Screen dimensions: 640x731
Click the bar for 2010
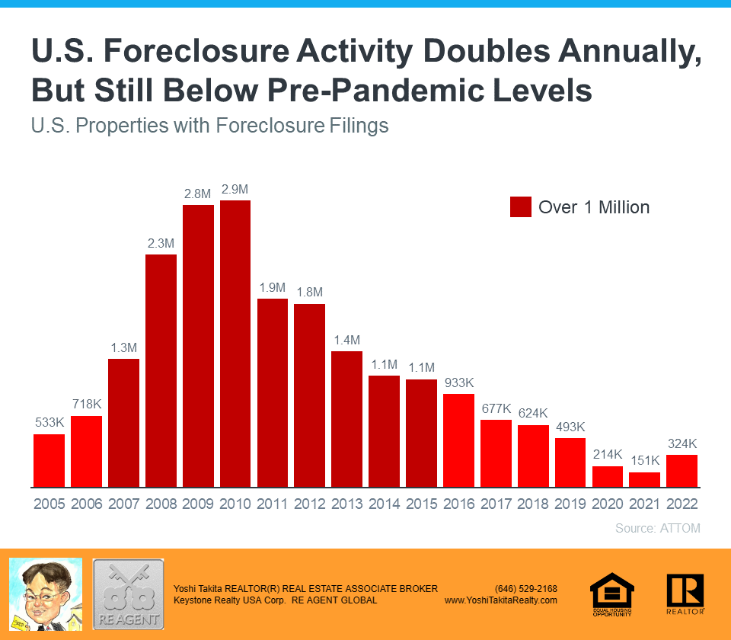(x=235, y=343)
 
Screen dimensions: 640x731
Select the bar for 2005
(x=49, y=460)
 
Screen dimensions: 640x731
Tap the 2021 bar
(x=645, y=479)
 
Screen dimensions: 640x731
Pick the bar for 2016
(x=458, y=440)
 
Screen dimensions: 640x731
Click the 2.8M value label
(x=198, y=194)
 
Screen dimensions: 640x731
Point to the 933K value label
(x=458, y=382)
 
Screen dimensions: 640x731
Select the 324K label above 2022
(x=682, y=443)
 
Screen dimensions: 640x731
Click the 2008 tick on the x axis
(x=161, y=504)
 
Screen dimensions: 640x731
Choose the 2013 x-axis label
(x=346, y=504)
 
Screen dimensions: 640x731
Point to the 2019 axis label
(x=570, y=504)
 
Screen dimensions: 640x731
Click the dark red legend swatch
(x=521, y=206)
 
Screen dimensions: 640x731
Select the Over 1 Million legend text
(x=594, y=206)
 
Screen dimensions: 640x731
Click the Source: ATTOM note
(x=657, y=528)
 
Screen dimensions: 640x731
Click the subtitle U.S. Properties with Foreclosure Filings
(x=210, y=126)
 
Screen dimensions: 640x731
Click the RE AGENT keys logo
(x=128, y=594)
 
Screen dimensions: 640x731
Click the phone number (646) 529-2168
(x=526, y=588)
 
